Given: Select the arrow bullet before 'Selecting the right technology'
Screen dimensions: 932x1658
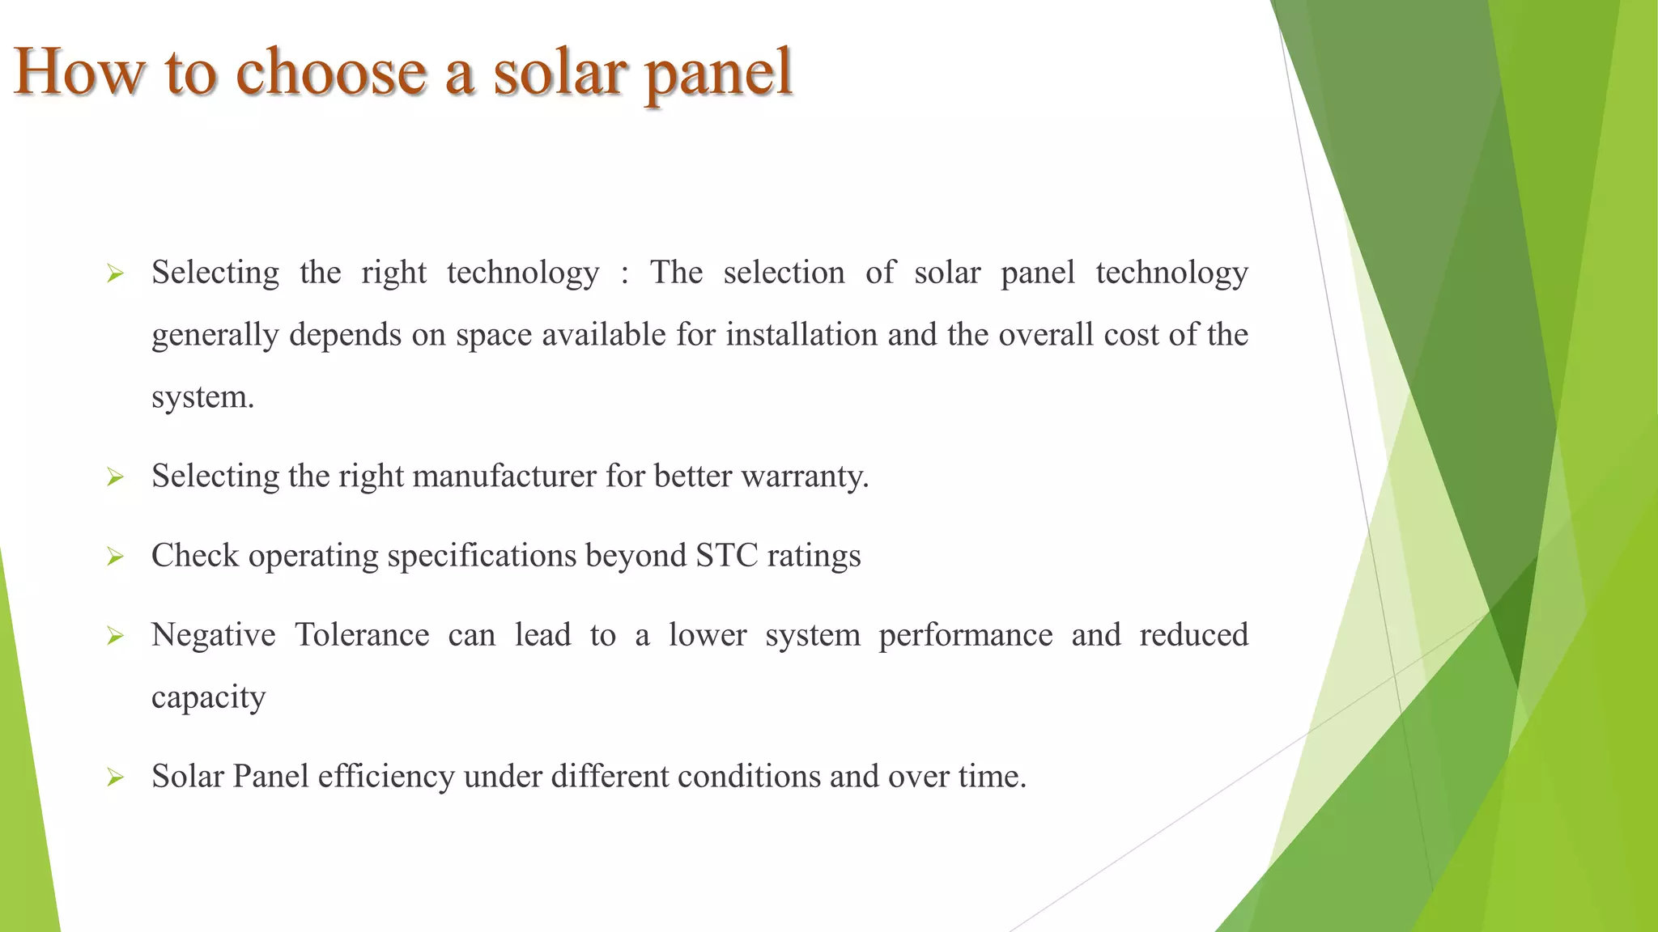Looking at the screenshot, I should coord(115,275).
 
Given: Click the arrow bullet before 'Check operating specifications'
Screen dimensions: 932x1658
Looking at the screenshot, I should coord(115,557).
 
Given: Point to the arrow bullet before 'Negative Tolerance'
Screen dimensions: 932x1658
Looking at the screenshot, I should coord(115,637).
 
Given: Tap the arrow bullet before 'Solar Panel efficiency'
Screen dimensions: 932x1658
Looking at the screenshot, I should coord(115,778).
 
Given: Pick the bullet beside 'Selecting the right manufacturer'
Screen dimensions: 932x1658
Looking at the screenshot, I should coord(115,478).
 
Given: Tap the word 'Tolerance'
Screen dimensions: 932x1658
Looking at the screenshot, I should coord(362,635).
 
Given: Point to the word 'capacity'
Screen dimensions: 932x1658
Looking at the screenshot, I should coord(208,698).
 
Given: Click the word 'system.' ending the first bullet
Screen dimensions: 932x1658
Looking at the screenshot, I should coord(202,398).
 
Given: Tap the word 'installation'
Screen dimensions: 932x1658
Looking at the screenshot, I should coord(801,335).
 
